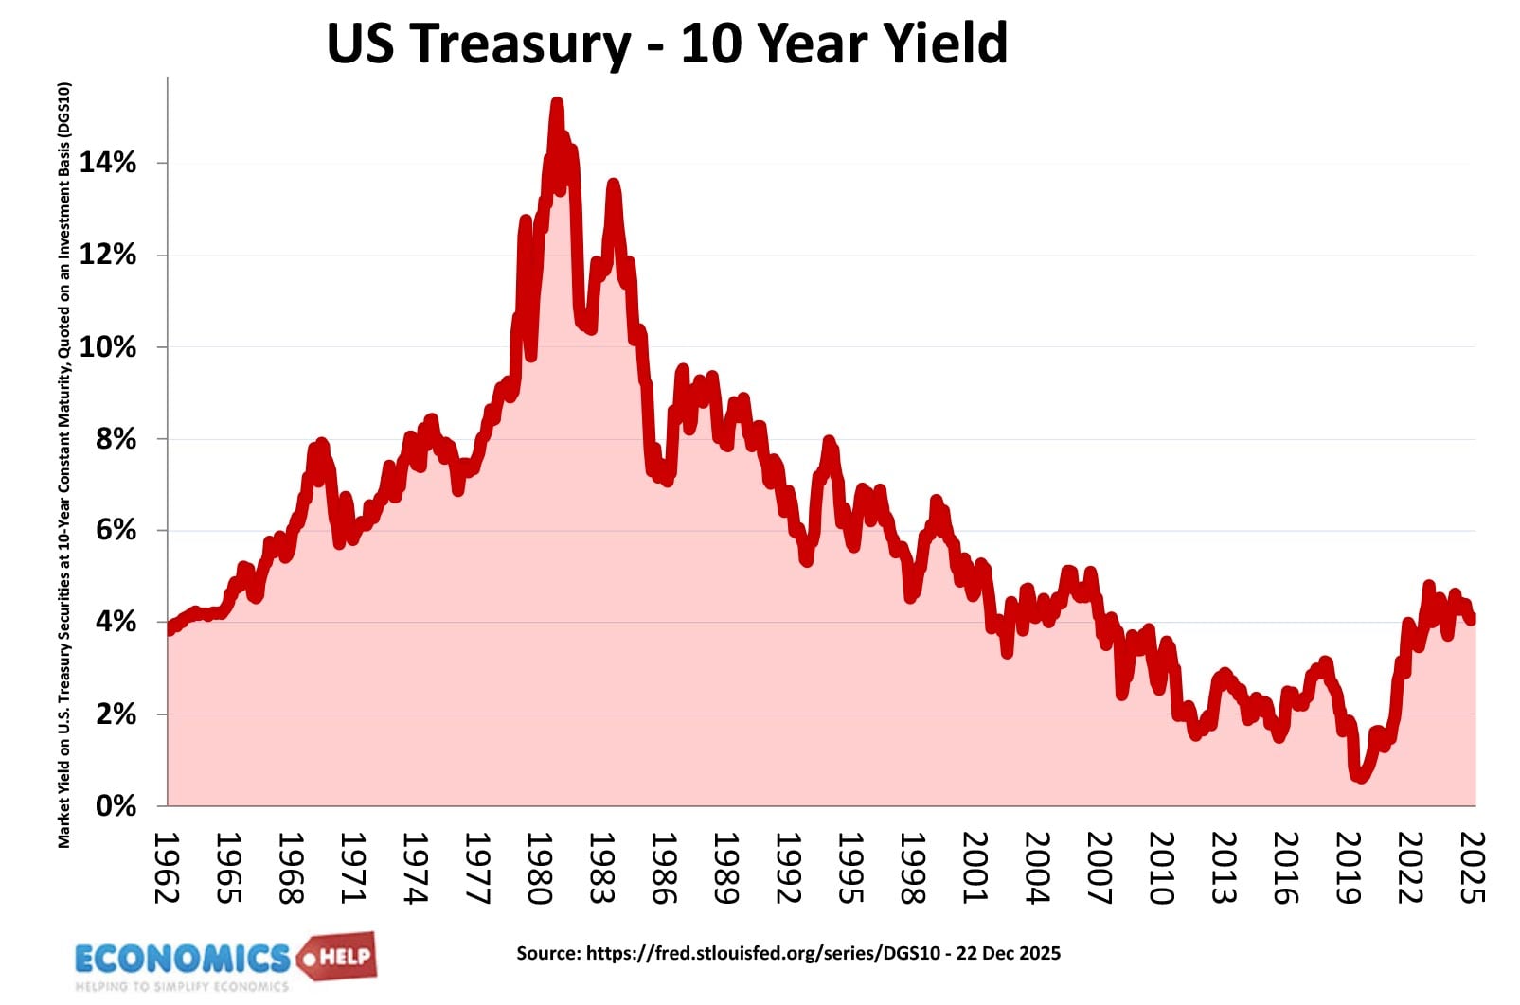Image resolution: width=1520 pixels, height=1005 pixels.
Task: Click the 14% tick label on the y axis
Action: click(107, 163)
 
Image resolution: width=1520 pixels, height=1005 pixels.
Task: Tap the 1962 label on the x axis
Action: click(167, 868)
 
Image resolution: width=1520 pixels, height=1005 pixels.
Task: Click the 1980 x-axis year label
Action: click(539, 868)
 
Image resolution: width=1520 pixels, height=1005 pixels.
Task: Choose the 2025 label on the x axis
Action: click(1471, 868)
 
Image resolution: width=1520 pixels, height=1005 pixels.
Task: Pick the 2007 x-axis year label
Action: click(1098, 868)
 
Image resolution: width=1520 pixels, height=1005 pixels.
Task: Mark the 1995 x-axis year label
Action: click(849, 868)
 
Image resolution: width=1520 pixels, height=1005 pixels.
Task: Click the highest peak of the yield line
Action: click(557, 102)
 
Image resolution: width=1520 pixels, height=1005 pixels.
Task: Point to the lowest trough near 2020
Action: click(1361, 777)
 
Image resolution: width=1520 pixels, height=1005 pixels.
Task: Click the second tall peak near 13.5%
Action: click(613, 185)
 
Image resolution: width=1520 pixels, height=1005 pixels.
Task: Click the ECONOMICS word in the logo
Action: click(182, 959)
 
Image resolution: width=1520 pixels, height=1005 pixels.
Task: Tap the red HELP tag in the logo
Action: click(341, 957)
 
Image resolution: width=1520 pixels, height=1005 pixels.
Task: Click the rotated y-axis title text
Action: click(64, 464)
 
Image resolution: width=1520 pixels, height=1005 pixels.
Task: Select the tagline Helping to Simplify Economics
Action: click(182, 987)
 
